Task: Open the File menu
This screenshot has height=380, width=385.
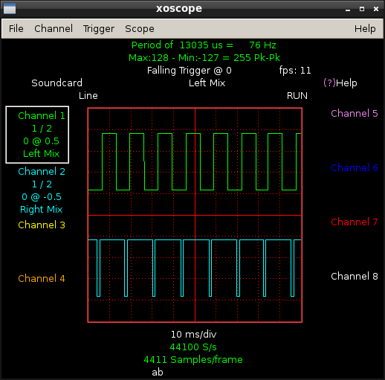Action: click(x=16, y=29)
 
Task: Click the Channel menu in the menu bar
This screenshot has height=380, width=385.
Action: click(x=54, y=29)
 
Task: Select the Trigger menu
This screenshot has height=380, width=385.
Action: click(x=99, y=29)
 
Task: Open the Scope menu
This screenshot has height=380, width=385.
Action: click(x=140, y=29)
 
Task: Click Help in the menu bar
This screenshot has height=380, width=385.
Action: click(x=365, y=29)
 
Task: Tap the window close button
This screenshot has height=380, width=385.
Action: click(x=376, y=9)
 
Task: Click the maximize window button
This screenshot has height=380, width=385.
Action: click(x=362, y=9)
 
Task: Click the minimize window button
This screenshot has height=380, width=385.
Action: click(x=348, y=10)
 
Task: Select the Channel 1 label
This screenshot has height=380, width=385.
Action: click(x=42, y=116)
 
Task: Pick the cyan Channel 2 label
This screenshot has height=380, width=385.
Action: click(x=42, y=172)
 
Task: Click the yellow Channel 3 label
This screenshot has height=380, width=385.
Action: click(x=42, y=225)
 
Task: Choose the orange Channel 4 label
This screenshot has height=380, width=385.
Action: click(x=42, y=279)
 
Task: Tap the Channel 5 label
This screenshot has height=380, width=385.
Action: click(x=355, y=114)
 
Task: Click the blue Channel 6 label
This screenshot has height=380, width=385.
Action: click(x=355, y=168)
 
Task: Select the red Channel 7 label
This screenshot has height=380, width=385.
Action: click(x=355, y=222)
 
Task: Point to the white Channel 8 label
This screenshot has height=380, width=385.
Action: click(x=355, y=277)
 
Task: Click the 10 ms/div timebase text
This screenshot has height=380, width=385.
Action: click(x=193, y=335)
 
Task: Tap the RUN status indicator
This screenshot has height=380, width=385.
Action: click(x=297, y=96)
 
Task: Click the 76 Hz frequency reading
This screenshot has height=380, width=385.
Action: click(x=262, y=45)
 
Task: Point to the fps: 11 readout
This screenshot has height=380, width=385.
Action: click(x=295, y=71)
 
